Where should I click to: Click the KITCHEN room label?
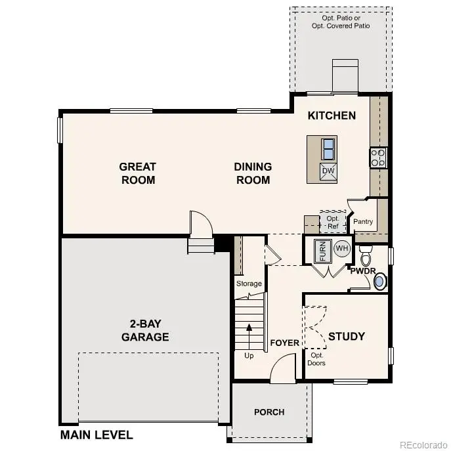pyautogui.click(x=332, y=116)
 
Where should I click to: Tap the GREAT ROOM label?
pyautogui.click(x=138, y=173)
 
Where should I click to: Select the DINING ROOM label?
pyautogui.click(x=253, y=173)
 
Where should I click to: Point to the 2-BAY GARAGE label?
pyautogui.click(x=145, y=331)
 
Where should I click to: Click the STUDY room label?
pyautogui.click(x=347, y=336)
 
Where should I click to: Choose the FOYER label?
pyautogui.click(x=284, y=343)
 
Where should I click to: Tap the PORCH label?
pyautogui.click(x=269, y=412)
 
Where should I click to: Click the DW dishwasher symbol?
pyautogui.click(x=328, y=171)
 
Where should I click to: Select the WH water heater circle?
pyautogui.click(x=342, y=249)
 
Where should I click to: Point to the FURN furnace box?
pyautogui.click(x=322, y=251)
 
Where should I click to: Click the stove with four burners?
pyautogui.click(x=379, y=158)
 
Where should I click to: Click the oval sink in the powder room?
pyautogui.click(x=379, y=282)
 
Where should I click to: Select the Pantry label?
pyautogui.click(x=363, y=221)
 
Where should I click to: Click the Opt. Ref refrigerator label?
pyautogui.click(x=333, y=221)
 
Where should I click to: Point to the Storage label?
pyautogui.click(x=249, y=284)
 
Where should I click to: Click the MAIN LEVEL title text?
pyautogui.click(x=97, y=435)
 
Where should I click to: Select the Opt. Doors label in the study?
pyautogui.click(x=316, y=359)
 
